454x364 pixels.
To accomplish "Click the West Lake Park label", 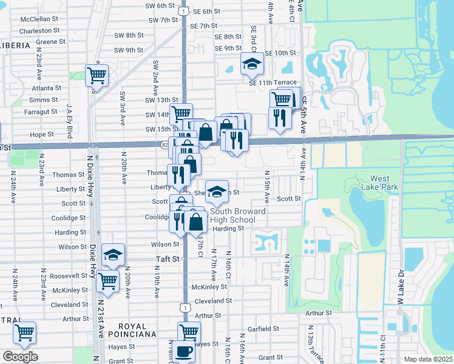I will pyautogui.click(x=384, y=183).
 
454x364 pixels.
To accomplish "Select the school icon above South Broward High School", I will pyautogui.click(x=217, y=192).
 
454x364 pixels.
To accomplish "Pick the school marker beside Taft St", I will pyautogui.click(x=113, y=255).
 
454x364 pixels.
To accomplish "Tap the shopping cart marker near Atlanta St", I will pyautogui.click(x=97, y=75).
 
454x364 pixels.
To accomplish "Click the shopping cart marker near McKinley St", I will pyautogui.click(x=107, y=281).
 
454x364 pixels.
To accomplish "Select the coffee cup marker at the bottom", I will pyautogui.click(x=184, y=351).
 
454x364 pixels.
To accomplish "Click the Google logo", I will pyautogui.click(x=20, y=357).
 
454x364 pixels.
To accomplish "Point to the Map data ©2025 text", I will pyautogui.click(x=428, y=359).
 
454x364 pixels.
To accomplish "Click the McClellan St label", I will pyautogui.click(x=38, y=19).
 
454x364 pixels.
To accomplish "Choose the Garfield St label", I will pyautogui.click(x=263, y=329).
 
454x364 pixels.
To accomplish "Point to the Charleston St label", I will pyautogui.click(x=38, y=30).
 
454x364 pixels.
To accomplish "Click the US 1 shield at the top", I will pyautogui.click(x=183, y=10).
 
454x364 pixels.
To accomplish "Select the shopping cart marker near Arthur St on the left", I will pyautogui.click(x=24, y=332).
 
